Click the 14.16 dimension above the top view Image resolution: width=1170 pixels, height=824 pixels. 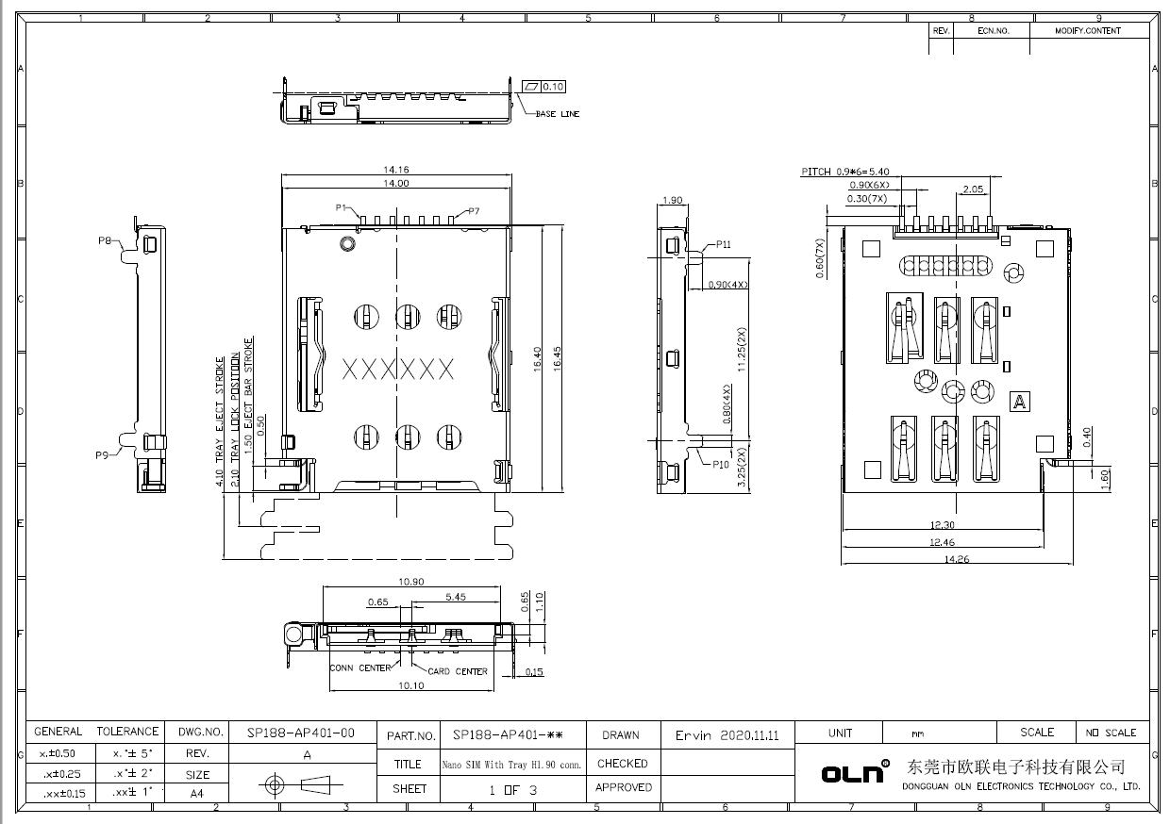point(396,170)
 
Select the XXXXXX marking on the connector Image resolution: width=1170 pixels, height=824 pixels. point(397,369)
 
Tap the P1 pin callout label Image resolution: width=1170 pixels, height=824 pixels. point(342,207)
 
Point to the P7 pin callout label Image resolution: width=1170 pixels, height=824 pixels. point(472,211)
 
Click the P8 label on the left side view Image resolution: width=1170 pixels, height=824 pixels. point(106,240)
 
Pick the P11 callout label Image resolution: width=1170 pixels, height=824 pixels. point(723,244)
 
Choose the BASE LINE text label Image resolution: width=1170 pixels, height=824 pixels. point(558,114)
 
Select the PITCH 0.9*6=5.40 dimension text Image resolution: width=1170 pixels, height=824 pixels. point(845,172)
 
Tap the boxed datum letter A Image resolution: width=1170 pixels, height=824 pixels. point(1018,402)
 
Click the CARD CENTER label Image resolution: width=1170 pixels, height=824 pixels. point(458,671)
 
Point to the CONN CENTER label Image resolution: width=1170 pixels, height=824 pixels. point(360,668)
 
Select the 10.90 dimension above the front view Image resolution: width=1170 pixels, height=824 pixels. point(410,582)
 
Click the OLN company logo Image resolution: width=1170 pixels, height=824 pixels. point(855,772)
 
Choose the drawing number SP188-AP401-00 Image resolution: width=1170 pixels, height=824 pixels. point(301,733)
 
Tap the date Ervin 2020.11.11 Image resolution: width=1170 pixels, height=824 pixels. point(727,735)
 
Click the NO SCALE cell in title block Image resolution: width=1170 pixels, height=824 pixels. point(1111,733)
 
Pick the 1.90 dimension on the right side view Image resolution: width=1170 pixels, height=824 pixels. point(674,200)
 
